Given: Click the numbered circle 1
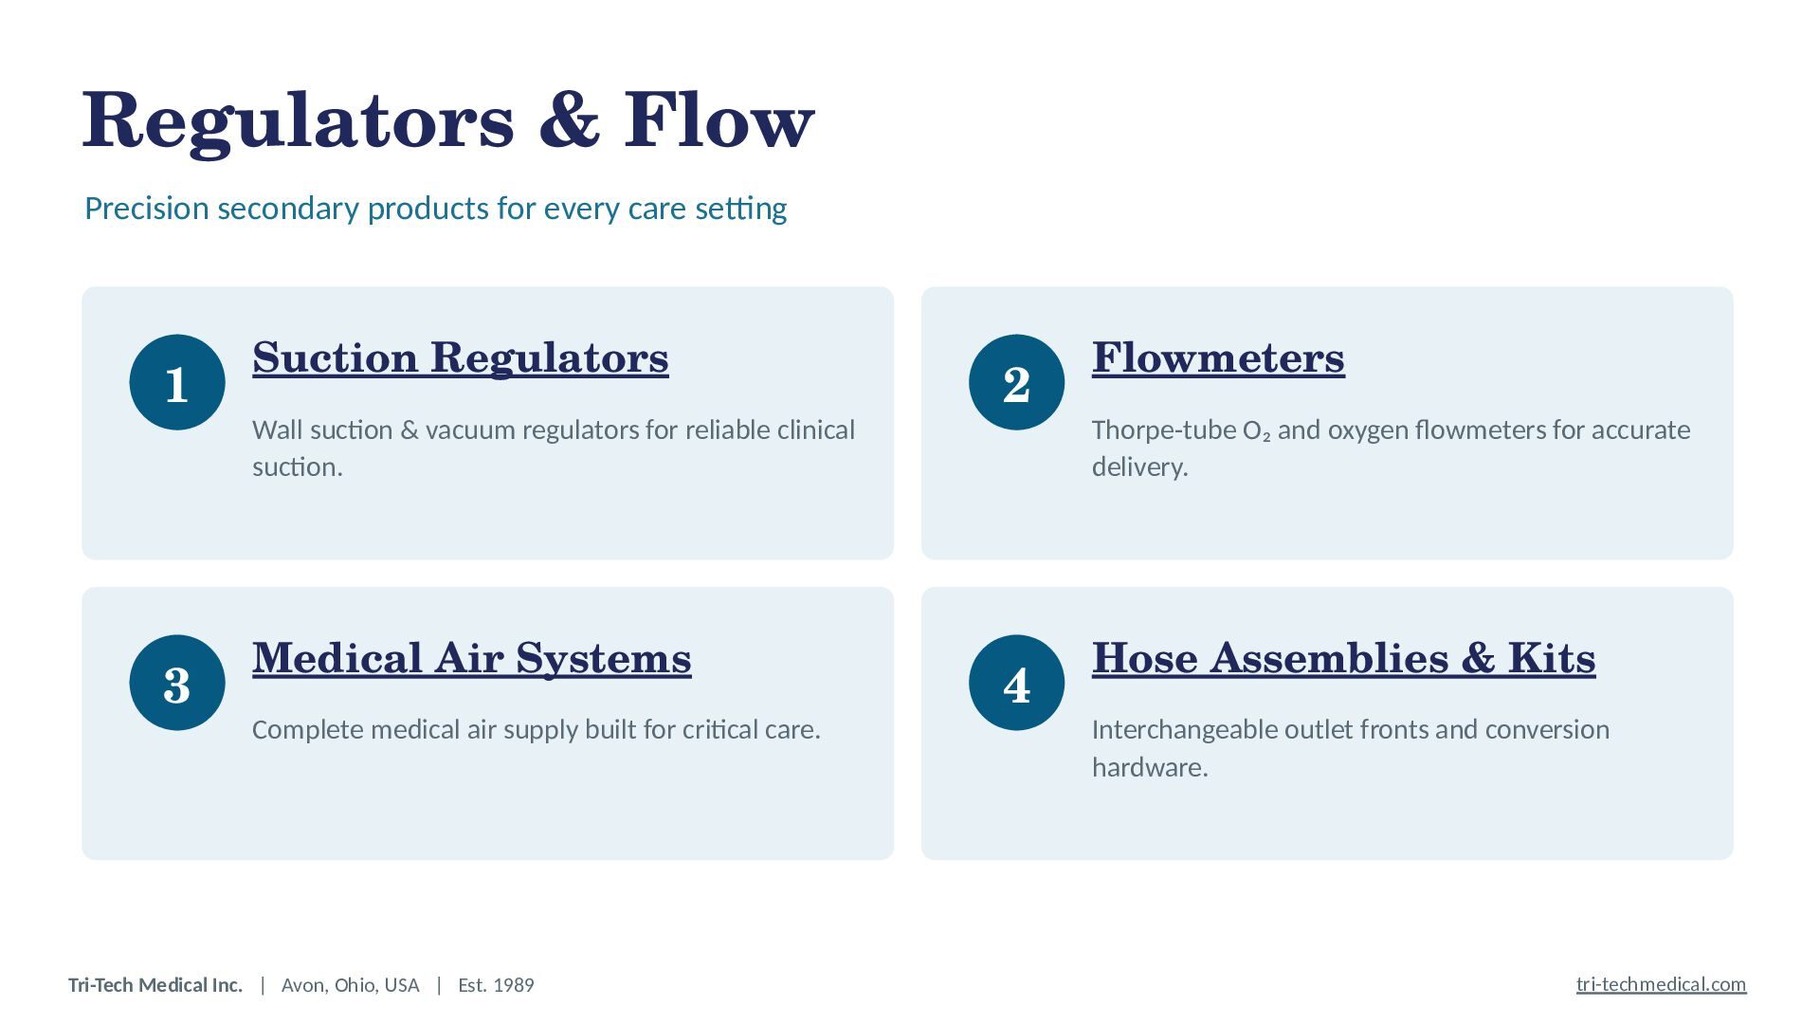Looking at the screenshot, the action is (x=177, y=382).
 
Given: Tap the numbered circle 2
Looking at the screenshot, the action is (x=1016, y=382).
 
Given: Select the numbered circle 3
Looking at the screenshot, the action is (x=177, y=683).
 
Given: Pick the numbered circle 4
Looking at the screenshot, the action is (x=1016, y=683).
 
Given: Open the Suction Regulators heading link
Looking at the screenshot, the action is (x=461, y=358).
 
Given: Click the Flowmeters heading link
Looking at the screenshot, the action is (x=1218, y=358).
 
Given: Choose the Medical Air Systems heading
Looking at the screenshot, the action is (x=472, y=659).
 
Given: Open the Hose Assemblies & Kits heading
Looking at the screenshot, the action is (x=1344, y=659).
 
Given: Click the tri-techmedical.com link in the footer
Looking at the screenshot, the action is (x=1661, y=984).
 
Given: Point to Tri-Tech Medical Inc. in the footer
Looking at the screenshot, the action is (x=155, y=985).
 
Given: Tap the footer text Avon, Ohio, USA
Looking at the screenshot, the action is (x=351, y=985).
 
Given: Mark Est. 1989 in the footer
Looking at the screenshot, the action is (x=496, y=985).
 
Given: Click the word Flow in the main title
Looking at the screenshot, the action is (x=719, y=120).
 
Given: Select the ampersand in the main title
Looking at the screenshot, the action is (x=570, y=120).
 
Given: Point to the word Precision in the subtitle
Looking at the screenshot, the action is (x=147, y=209).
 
